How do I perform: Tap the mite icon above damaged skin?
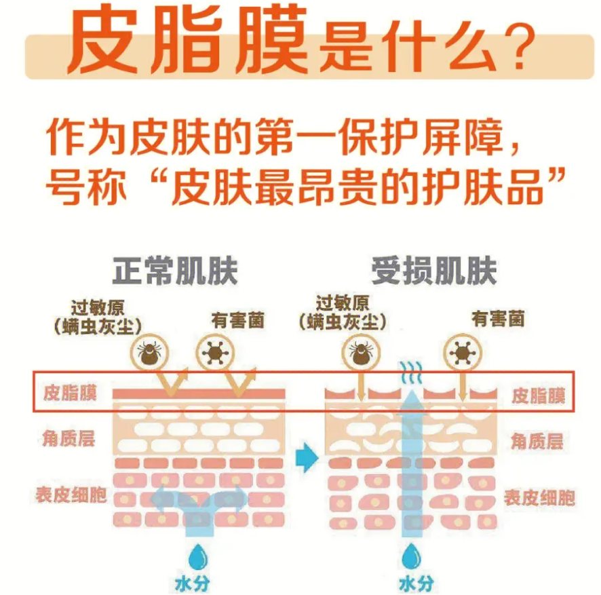(x=361, y=351)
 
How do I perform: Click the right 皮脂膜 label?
(x=538, y=396)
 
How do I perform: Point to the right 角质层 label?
(x=537, y=442)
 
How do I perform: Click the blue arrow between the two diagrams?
(x=307, y=458)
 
